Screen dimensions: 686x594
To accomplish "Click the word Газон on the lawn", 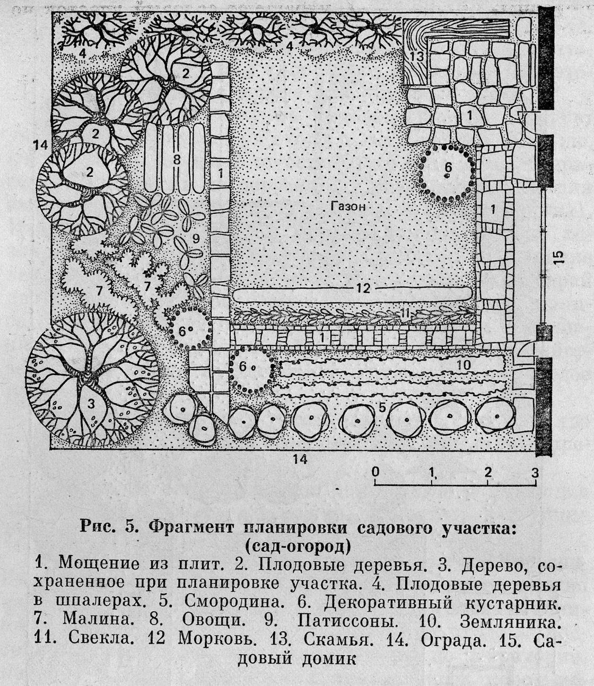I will (348, 206).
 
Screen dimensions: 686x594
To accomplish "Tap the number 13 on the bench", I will (417, 57).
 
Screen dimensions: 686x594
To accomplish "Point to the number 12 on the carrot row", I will (363, 288).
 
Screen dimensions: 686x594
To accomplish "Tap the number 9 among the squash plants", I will (196, 239).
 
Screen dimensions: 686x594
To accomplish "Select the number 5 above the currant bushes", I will (382, 407).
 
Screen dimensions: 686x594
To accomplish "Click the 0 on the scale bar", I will (375, 471).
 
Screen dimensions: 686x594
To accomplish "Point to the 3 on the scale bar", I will (535, 471).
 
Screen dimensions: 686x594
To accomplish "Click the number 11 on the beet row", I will (405, 314).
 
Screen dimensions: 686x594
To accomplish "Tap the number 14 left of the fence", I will (40, 144).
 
